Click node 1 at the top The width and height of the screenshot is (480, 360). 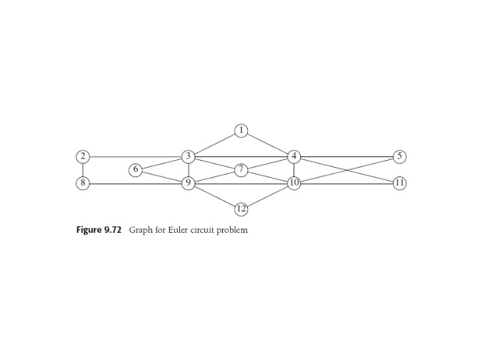point(241,131)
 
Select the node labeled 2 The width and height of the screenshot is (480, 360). point(83,156)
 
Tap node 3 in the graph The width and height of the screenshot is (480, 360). point(189,156)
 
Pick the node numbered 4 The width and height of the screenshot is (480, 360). point(294,156)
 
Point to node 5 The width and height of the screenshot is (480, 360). point(399,156)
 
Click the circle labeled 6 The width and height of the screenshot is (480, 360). point(136,170)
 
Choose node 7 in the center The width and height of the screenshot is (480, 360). point(241,170)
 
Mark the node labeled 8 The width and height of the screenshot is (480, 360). point(83,183)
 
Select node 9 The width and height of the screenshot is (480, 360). point(189,183)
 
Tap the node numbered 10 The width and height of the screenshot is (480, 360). point(294,183)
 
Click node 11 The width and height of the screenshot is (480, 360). point(399,183)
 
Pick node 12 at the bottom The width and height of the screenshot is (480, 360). point(241,209)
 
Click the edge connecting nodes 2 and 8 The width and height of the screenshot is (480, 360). point(83,170)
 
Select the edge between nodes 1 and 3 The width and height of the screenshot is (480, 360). point(214,144)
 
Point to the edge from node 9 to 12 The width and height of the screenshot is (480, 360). point(214,196)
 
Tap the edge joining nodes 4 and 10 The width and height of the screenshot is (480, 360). point(294,170)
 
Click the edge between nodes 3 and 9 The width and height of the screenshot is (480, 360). point(189,170)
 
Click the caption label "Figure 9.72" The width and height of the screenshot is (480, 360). point(99,230)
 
